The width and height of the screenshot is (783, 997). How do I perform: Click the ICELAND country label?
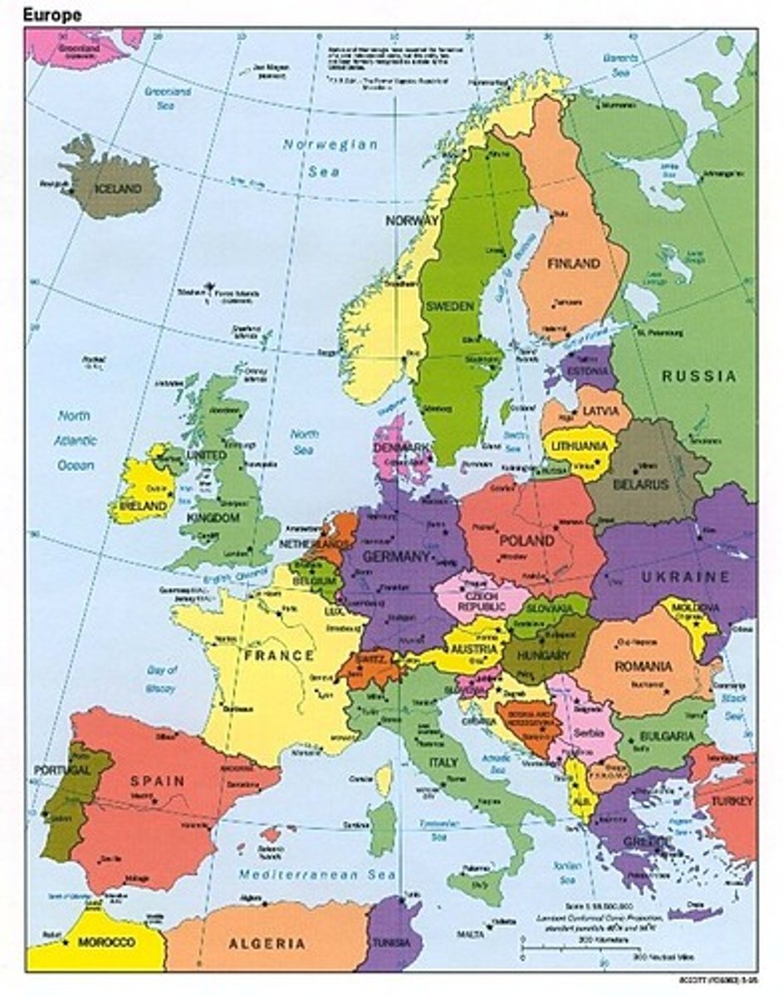119,189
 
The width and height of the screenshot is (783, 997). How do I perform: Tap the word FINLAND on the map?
573,263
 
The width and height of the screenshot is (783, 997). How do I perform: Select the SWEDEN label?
451,306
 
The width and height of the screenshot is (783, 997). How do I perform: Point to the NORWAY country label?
411,221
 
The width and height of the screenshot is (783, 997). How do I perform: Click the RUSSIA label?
699,376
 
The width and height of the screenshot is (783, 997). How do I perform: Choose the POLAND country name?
526,541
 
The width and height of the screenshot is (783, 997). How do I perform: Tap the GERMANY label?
397,557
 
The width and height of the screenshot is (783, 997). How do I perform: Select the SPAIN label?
157,781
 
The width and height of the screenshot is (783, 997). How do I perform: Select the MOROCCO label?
106,943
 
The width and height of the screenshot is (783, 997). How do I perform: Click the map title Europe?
52,14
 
